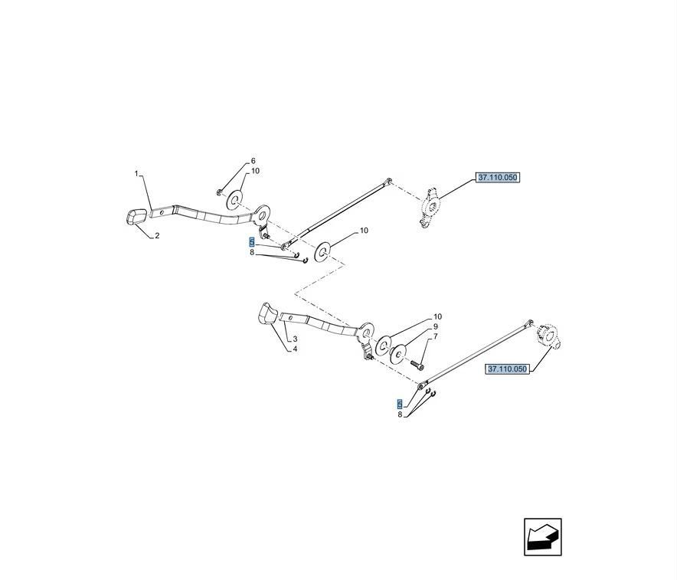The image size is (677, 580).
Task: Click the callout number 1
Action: pos(137,174)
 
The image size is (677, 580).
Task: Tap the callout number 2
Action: pos(157,236)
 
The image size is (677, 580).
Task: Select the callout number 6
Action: pos(253,162)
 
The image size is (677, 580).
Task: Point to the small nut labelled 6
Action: pos(220,192)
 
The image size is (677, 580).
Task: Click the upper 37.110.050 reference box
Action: pos(498,178)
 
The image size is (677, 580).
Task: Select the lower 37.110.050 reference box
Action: pos(508,369)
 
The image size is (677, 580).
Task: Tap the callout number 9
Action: pos(436,326)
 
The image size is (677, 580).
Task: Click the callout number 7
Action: pos(436,336)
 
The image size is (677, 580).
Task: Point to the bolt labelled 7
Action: pos(417,362)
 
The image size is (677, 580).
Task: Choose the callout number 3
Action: pos(295,339)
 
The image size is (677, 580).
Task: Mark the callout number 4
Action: pos(295,349)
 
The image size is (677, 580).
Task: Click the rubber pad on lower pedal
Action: pos(267,314)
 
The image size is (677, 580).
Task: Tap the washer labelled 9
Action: pos(398,354)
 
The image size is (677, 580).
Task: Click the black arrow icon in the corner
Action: pos(543,536)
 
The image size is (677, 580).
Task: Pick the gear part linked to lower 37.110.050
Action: pos(550,336)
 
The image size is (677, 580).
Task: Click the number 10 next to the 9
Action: pos(437,316)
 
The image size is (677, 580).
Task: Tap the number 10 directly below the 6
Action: pos(255,171)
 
